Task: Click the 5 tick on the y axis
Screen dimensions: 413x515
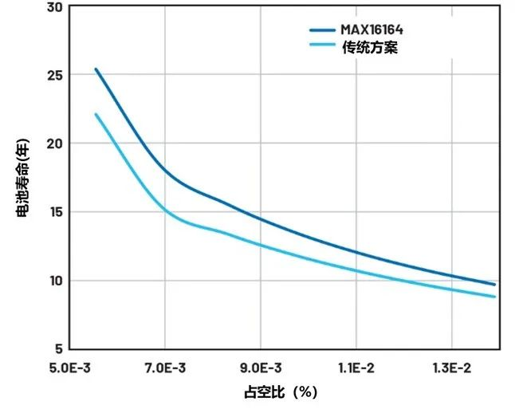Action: click(x=57, y=349)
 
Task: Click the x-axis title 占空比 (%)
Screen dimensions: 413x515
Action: click(x=281, y=393)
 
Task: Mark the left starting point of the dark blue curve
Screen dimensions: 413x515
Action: click(x=96, y=69)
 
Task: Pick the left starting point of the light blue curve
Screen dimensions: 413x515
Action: click(x=96, y=114)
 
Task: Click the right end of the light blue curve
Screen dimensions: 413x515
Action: click(x=495, y=297)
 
